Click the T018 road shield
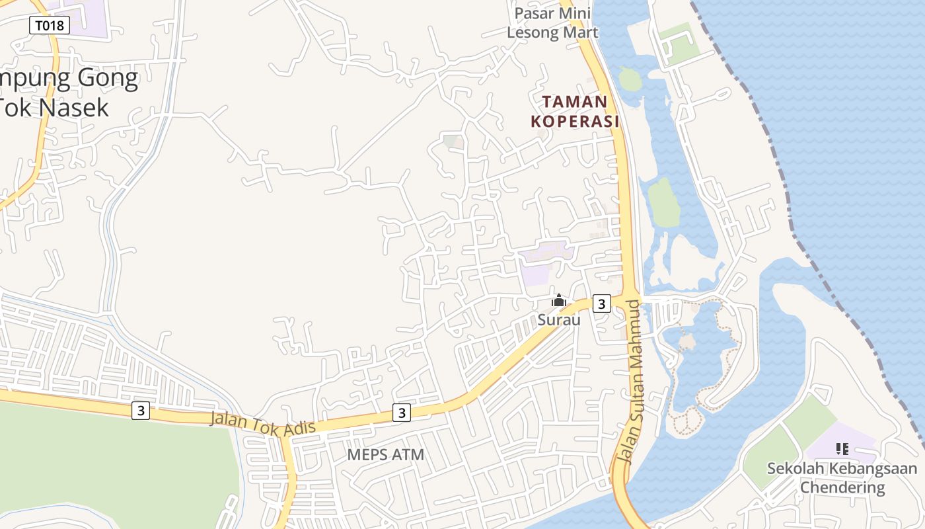[50, 26]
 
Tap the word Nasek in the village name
[74, 106]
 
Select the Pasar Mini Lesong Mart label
[552, 23]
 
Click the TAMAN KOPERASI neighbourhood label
[575, 111]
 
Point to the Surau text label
[559, 320]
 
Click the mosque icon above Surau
[559, 301]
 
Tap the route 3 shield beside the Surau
[601, 304]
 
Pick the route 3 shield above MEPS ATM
[401, 413]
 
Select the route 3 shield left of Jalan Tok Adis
[140, 411]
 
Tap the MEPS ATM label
[386, 455]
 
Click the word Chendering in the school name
[842, 488]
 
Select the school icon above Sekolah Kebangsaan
[842, 450]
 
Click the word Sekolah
[794, 469]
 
